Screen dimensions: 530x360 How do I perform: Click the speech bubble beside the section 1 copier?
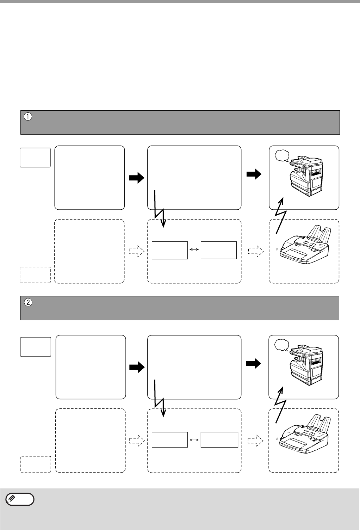[281, 155]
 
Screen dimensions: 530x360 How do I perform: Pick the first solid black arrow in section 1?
[137, 178]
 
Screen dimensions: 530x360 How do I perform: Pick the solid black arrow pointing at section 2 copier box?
[254, 364]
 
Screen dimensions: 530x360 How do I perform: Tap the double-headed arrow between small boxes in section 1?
[194, 249]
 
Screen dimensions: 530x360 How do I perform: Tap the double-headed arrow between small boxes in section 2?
[194, 439]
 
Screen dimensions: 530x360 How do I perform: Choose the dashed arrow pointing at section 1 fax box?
[256, 251]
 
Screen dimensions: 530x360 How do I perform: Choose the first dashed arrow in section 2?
[137, 440]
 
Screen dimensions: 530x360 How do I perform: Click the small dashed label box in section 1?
[35, 275]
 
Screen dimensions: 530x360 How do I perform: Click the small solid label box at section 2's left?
[36, 347]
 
